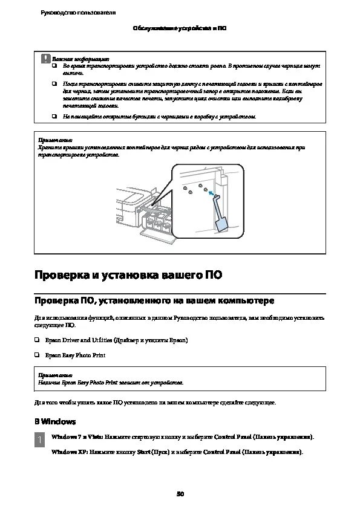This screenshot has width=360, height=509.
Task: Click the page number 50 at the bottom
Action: click(180, 494)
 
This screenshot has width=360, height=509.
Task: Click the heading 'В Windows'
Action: click(54, 421)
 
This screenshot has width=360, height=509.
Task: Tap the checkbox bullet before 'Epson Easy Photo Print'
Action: click(37, 355)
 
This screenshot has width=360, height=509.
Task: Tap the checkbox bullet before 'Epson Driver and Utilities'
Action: click(37, 340)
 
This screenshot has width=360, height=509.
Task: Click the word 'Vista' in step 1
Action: click(94, 436)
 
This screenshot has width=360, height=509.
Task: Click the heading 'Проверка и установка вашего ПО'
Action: click(128, 276)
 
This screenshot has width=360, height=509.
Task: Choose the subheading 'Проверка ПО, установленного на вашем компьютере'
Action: click(154, 300)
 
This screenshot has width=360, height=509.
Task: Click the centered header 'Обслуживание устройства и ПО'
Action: click(179, 28)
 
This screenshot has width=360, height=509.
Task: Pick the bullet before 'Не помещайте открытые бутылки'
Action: click(53, 116)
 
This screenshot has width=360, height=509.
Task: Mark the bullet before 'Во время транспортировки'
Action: click(53, 65)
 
